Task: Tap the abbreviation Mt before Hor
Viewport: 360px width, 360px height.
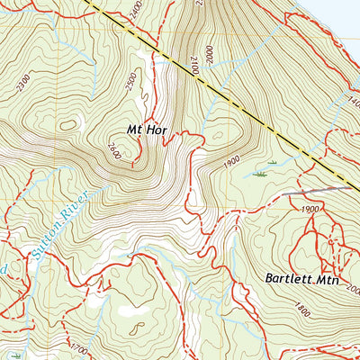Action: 135,130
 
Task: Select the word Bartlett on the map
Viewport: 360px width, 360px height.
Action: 288,279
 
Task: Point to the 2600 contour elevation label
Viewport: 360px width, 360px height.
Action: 113,148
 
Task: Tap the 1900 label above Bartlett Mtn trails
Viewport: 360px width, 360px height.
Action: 312,209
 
